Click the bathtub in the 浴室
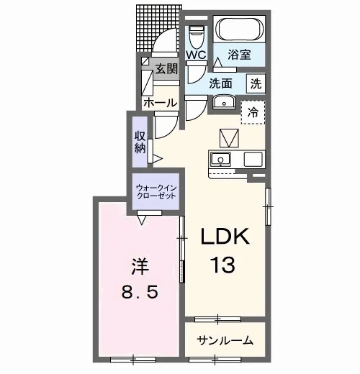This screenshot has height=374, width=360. tap(239, 29)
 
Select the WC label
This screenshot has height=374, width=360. tap(197, 55)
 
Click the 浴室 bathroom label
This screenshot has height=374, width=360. tap(239, 55)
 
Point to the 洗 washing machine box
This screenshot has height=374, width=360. tap(256, 83)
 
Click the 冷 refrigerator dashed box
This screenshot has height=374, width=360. tap(253, 112)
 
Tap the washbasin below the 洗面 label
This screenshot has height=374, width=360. tap(224, 101)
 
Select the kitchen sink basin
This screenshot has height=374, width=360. tap(220, 159)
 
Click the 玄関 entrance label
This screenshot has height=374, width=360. tap(166, 69)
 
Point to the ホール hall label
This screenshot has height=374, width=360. tap(161, 103)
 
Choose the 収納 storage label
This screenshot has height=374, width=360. tap(140, 142)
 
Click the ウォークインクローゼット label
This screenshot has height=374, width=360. tap(156, 192)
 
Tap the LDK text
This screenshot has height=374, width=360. tap(225, 237)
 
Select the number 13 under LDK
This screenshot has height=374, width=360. tap(222, 265)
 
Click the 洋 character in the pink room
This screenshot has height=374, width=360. tap(140, 267)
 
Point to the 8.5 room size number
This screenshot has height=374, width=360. tap(140, 293)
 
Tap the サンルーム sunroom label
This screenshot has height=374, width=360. tap(225, 340)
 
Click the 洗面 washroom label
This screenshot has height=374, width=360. tap(220, 83)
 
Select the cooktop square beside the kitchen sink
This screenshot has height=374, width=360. tap(253, 160)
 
